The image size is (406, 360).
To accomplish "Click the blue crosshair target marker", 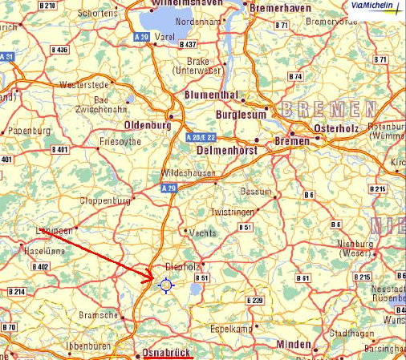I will [166, 284].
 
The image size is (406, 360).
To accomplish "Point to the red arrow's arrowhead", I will [150, 279].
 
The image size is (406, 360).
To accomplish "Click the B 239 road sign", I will [255, 299].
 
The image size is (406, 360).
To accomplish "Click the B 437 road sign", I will [189, 44].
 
